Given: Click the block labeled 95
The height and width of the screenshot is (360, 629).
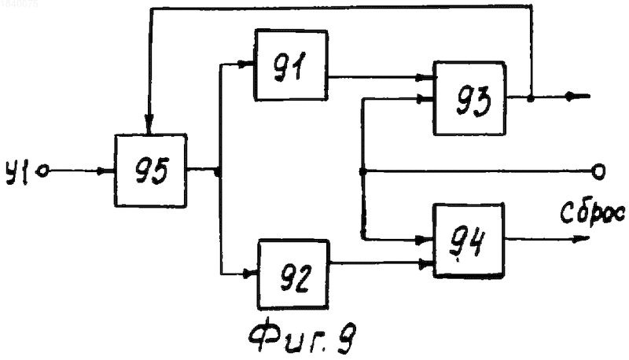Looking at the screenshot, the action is point(150,171).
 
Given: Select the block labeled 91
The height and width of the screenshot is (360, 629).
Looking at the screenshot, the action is point(291,65).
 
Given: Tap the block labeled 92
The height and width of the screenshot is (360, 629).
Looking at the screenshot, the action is point(293,274).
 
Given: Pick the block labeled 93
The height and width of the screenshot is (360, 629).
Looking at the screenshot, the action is point(469,98).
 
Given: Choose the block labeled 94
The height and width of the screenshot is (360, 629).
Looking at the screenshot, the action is point(468,241).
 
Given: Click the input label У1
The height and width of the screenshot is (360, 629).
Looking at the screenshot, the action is point(17,172).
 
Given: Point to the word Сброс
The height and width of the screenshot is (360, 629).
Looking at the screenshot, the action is point(592,212).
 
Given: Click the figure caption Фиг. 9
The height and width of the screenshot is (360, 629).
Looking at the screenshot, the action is point(302,338).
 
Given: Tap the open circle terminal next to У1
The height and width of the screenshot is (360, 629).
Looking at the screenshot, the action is point(42,171).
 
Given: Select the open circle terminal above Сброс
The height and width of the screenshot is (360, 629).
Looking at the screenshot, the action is point(598,172).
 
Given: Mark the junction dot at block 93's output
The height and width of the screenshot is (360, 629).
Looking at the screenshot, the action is point(530,97).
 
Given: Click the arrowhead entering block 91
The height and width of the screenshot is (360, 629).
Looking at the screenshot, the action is point(245,64).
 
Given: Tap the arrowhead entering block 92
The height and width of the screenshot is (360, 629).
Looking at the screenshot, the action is point(250,274).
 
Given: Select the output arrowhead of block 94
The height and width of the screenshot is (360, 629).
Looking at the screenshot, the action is point(581,240).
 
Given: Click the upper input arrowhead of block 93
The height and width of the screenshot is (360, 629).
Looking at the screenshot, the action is point(425,77).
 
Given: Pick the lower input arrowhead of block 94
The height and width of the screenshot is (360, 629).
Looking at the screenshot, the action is point(425,264).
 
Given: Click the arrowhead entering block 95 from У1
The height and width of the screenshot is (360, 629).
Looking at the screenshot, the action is point(107,171).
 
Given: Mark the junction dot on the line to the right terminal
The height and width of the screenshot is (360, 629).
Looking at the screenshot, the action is point(362,172).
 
